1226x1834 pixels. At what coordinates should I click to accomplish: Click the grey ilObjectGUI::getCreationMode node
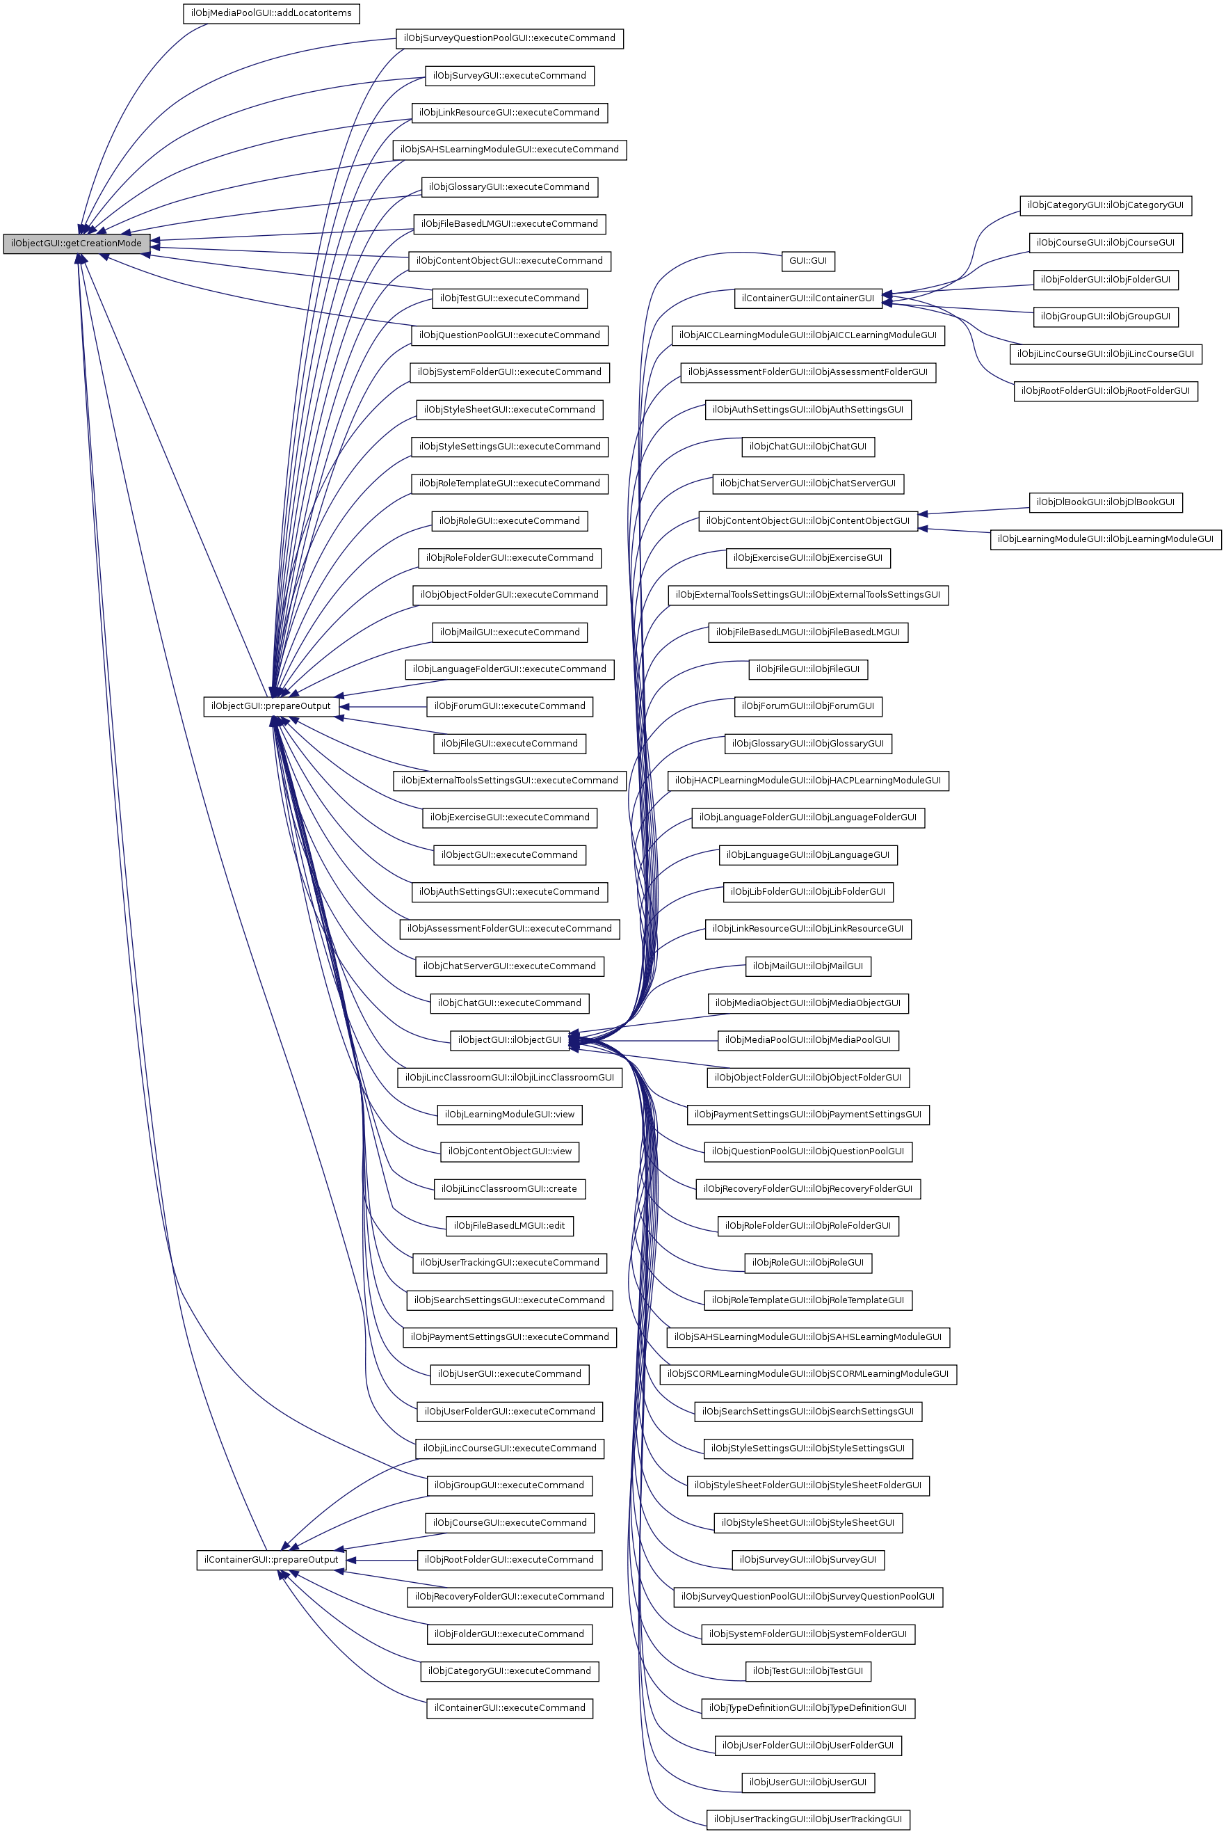click(x=76, y=244)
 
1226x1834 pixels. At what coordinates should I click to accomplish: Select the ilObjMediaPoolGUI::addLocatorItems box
click(x=271, y=13)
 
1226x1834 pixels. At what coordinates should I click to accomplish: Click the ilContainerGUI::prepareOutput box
click(x=271, y=1559)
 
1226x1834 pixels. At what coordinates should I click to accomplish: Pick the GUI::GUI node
click(x=807, y=261)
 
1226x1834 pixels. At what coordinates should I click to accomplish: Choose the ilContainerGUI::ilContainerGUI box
click(x=807, y=298)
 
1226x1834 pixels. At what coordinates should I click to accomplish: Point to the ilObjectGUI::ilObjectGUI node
click(x=509, y=1040)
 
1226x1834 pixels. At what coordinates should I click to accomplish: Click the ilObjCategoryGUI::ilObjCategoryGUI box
click(x=1106, y=206)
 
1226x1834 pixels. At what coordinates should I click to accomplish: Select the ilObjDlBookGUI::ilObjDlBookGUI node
click(x=1106, y=502)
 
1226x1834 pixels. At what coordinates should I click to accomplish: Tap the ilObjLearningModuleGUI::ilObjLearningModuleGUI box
click(x=1106, y=539)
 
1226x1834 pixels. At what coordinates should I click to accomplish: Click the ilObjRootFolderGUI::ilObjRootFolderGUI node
click(x=1106, y=391)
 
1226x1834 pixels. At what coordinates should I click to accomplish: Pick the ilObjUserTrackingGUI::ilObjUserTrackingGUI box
click(x=807, y=1819)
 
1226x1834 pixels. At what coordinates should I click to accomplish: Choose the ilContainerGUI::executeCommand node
click(x=509, y=1708)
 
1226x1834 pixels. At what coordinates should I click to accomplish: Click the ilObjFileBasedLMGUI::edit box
click(x=509, y=1225)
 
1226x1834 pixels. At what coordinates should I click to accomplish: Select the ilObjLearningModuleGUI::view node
click(x=509, y=1115)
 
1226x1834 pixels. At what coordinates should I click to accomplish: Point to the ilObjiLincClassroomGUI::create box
click(x=509, y=1189)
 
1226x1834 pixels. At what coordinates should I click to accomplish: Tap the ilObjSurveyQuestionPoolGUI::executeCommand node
click(x=509, y=38)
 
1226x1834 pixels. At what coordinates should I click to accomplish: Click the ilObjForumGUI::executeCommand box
click(x=509, y=706)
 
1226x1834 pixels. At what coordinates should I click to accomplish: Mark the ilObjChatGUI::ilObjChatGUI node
click(x=807, y=447)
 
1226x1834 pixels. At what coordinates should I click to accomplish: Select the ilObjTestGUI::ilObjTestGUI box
click(x=807, y=1671)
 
